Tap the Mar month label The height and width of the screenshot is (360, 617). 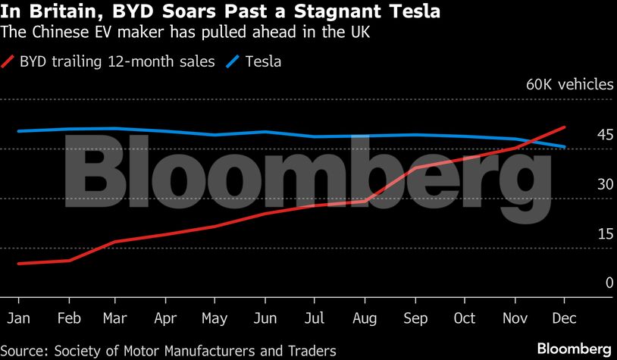click(x=116, y=319)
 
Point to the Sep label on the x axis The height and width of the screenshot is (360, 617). click(x=414, y=319)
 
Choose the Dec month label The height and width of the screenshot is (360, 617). click(x=562, y=319)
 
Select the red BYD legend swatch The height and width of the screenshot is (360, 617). click(x=8, y=61)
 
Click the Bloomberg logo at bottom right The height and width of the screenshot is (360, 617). click(x=573, y=349)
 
